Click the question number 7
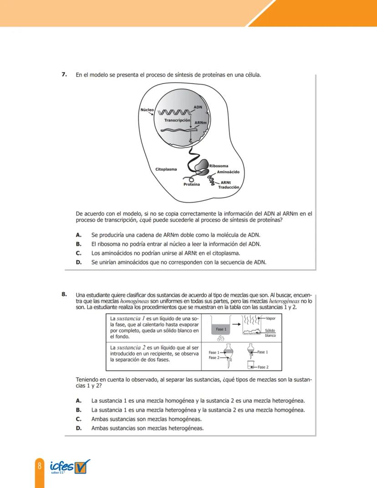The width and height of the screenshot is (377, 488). [65, 74]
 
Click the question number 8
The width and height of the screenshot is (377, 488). [65, 293]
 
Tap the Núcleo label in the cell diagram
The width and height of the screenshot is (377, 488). [147, 110]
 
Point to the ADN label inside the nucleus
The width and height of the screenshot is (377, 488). [198, 107]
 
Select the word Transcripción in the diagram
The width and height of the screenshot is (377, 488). [177, 120]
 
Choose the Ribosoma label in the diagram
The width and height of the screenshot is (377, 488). [219, 166]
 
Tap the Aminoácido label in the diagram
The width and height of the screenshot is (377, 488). [228, 172]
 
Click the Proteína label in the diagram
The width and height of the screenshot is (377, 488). [192, 185]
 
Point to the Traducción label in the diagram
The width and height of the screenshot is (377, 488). [229, 187]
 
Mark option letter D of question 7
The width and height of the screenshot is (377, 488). [78, 262]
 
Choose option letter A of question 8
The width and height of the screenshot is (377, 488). [78, 401]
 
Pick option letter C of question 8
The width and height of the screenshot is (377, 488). [78, 419]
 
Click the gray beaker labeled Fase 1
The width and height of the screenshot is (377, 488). [221, 329]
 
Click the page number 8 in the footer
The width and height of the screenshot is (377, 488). [40, 466]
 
